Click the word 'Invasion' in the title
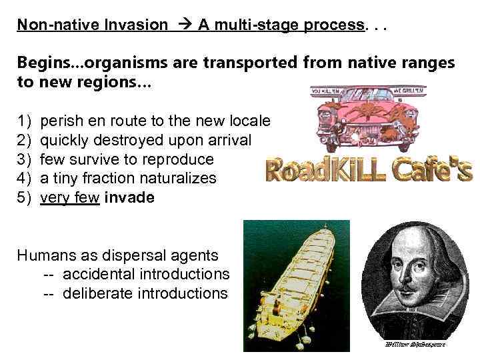tap(140, 25)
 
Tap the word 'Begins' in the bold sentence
tap(39, 63)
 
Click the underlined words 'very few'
tap(70, 197)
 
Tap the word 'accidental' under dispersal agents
tap(100, 274)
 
